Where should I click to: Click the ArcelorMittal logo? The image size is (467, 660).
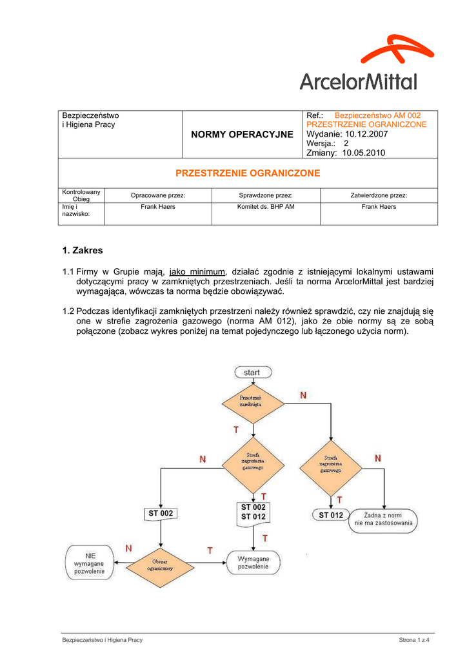click(x=359, y=64)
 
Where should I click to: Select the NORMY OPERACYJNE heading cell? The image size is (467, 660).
click(x=242, y=134)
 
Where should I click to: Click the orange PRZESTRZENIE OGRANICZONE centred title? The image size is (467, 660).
click(x=248, y=173)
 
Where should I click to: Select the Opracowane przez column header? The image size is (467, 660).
click(x=158, y=195)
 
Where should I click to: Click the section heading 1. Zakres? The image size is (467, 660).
click(x=83, y=250)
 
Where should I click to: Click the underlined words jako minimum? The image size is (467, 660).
click(x=197, y=271)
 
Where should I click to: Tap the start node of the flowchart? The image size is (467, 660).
click(x=252, y=373)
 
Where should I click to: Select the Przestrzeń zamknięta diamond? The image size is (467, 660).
click(x=252, y=402)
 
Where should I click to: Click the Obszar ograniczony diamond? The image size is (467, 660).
click(x=159, y=566)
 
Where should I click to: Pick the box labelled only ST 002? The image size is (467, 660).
click(x=160, y=513)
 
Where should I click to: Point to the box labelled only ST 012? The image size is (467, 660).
click(x=332, y=515)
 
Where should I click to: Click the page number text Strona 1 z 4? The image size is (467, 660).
click(x=414, y=640)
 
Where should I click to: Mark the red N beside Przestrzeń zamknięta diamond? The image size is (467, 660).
click(x=303, y=396)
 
